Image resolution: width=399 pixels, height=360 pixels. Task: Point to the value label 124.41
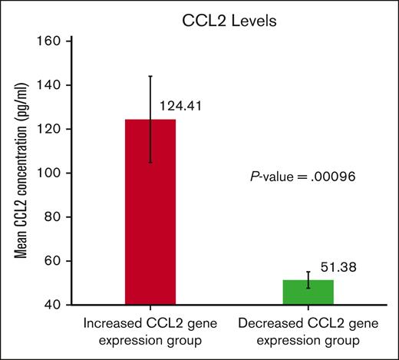(x=180, y=104)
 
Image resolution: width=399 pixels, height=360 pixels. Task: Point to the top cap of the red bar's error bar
(x=150, y=76)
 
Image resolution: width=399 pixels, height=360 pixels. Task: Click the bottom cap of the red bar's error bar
(x=150, y=162)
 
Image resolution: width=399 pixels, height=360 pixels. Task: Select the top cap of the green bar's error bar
(x=308, y=272)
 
